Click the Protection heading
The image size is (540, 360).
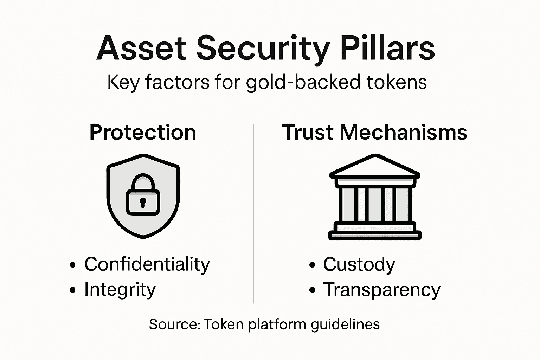tap(142, 133)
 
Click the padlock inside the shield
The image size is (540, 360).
tap(143, 195)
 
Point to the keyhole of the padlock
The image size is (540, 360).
tap(143, 202)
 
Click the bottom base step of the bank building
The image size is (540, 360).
tap(375, 235)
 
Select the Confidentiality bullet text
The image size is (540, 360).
tap(147, 264)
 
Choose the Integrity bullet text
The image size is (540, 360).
tap(120, 290)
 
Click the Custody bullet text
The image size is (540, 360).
tap(359, 264)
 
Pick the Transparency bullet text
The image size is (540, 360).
tap(381, 290)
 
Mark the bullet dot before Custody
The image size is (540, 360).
tap(312, 265)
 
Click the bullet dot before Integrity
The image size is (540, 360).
tap(73, 290)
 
